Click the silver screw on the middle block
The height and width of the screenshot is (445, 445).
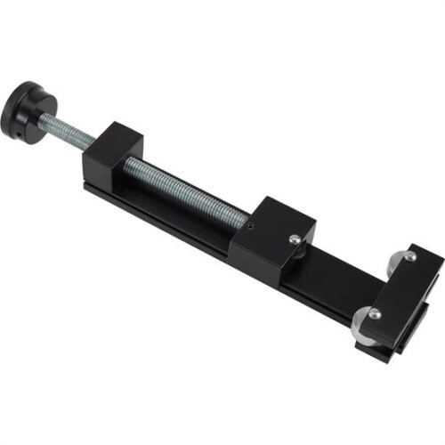click(294, 238)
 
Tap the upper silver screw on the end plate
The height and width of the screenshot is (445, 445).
click(409, 257)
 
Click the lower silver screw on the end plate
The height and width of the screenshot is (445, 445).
click(375, 313)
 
